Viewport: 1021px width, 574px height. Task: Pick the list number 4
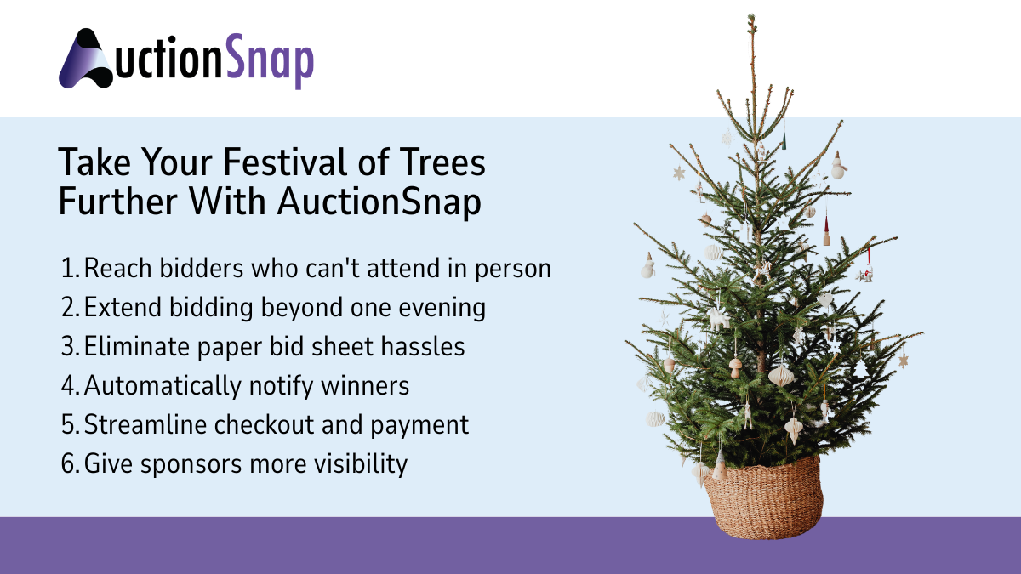tap(70, 386)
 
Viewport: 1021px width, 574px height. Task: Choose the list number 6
tap(70, 464)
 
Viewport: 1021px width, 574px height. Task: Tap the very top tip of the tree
tap(751, 17)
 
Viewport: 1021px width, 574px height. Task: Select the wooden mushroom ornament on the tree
tap(735, 367)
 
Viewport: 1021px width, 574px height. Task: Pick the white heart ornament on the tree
tap(824, 299)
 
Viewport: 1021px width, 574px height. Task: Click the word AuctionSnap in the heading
tap(378, 202)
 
